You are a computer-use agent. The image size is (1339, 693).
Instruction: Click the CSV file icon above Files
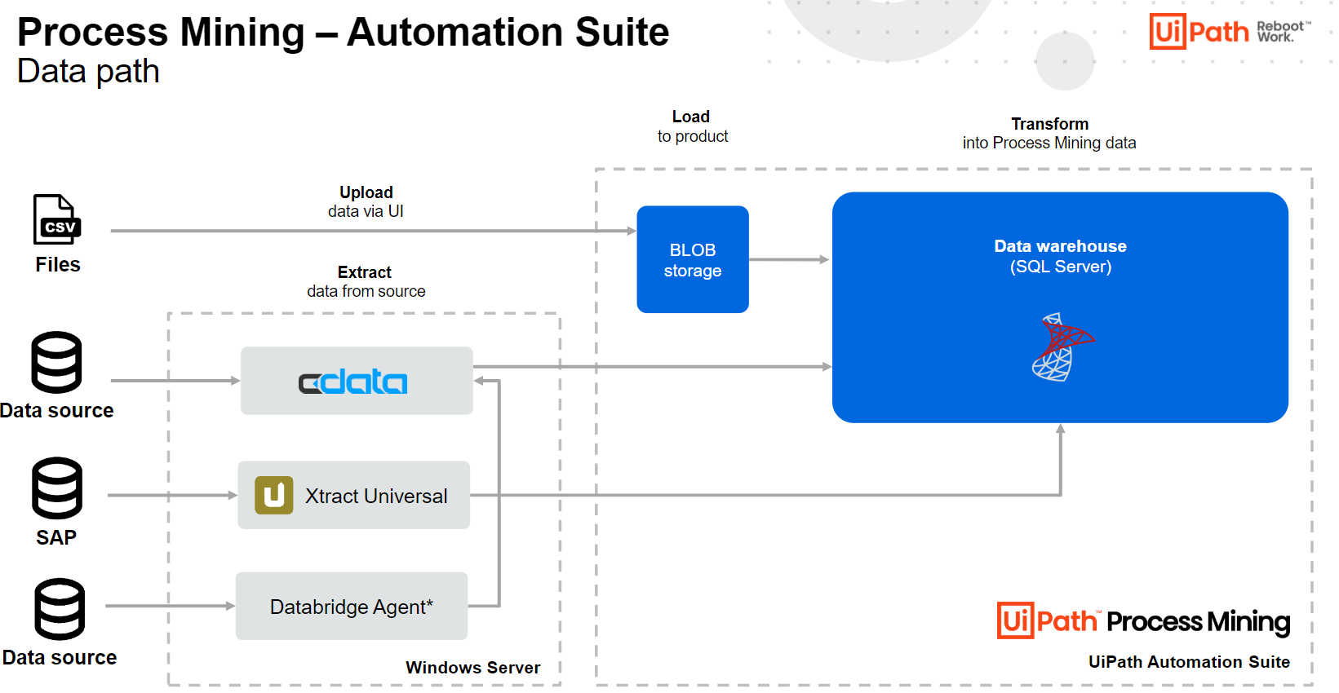click(56, 219)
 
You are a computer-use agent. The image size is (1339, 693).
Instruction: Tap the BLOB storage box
click(692, 259)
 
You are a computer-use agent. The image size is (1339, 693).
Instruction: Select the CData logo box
click(356, 381)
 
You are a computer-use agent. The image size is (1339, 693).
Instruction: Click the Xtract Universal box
click(353, 495)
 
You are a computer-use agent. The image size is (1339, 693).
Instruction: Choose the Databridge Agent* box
click(351, 606)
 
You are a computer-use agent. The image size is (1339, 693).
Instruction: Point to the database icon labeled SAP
click(57, 488)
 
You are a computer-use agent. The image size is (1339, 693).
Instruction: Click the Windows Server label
click(472, 668)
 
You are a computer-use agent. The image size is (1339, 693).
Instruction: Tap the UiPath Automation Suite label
click(1189, 662)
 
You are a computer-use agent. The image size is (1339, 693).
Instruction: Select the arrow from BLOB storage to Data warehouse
click(788, 260)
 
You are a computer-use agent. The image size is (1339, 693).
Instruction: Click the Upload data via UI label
click(366, 201)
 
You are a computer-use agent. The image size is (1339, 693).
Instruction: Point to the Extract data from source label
click(366, 281)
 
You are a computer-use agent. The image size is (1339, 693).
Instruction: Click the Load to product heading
click(692, 126)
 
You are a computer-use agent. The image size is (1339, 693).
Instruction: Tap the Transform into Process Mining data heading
click(1049, 133)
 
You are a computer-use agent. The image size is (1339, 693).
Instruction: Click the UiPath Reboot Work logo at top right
click(1229, 32)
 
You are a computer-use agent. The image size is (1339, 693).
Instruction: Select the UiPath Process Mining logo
click(1142, 621)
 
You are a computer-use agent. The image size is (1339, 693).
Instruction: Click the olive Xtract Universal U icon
click(274, 495)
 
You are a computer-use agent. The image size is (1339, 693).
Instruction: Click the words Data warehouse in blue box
click(1060, 246)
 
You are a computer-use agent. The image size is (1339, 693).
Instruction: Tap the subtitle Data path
click(88, 72)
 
